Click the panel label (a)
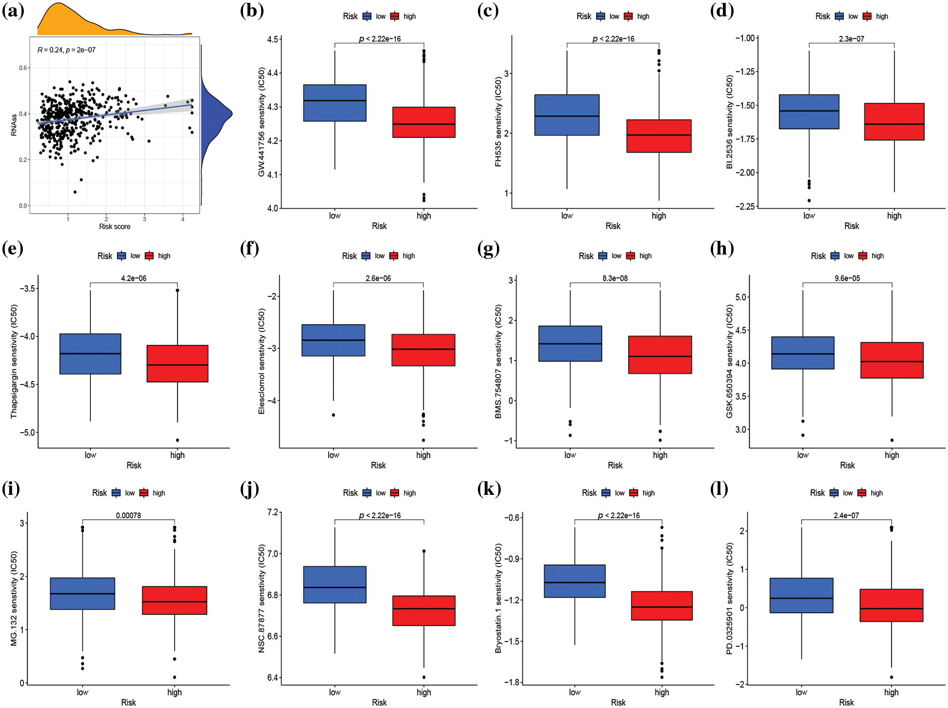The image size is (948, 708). [13, 10]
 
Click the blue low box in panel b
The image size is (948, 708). [334, 103]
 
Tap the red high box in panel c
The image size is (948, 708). [659, 136]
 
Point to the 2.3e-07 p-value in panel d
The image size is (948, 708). [851, 39]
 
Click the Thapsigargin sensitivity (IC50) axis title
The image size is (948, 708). [14, 361]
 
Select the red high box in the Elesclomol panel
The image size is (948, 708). [423, 350]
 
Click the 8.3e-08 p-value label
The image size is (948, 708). [615, 278]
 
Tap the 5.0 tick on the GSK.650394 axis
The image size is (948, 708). [741, 297]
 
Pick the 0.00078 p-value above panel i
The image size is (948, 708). [128, 515]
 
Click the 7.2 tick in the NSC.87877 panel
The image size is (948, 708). [273, 512]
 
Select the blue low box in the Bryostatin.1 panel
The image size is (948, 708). [575, 581]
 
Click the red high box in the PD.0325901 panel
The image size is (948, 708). [891, 605]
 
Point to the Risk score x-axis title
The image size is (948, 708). [115, 226]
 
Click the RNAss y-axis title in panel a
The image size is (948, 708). [14, 125]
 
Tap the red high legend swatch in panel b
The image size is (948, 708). [395, 17]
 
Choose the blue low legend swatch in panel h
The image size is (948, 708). [835, 256]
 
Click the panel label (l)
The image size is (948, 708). [719, 489]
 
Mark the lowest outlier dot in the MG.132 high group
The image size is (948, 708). [175, 677]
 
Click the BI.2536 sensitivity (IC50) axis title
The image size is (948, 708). [729, 122]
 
